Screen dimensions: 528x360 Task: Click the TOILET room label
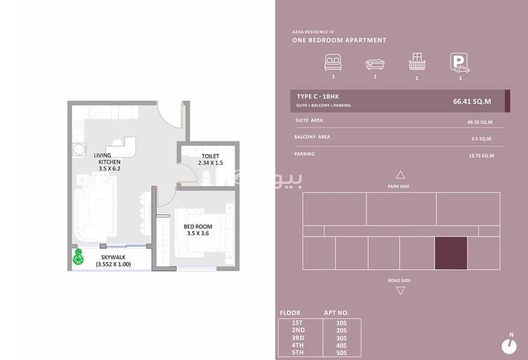coord(210,156)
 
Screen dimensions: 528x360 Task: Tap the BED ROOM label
coord(198,227)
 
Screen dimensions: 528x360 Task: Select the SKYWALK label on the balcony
coord(113,257)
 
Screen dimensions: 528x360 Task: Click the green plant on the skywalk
coord(78,257)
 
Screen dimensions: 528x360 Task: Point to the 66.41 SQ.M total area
coord(471,102)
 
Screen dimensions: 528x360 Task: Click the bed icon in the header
coord(333,63)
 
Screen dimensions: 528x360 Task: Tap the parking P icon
coord(459,63)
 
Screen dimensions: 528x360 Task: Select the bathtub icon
coord(375,64)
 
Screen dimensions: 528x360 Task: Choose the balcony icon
coord(417,62)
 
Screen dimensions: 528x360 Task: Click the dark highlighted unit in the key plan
coord(451,253)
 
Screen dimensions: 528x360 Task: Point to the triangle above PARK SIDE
coord(401,175)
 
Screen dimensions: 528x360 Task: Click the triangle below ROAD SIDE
coord(401,290)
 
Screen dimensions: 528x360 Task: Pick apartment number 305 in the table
coord(342,338)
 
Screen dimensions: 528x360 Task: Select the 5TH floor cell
coord(298,353)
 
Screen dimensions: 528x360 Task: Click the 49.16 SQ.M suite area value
coord(480,122)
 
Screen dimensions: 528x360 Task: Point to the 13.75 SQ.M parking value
coord(482,156)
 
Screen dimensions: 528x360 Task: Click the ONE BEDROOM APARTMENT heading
coord(339,40)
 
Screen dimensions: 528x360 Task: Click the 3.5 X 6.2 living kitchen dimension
coord(109,168)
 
